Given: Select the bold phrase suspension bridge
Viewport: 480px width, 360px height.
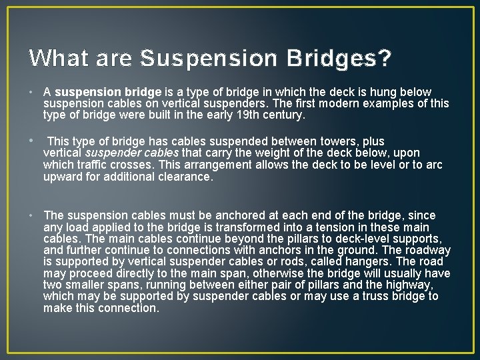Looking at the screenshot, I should tap(108, 92).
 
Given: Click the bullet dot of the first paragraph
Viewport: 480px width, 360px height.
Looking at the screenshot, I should tap(32, 92).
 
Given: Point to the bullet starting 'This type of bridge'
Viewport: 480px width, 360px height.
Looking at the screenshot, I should tap(32, 141).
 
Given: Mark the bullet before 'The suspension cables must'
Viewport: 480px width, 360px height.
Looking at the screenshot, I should tap(32, 215).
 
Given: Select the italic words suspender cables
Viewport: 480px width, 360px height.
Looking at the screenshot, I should tap(132, 153).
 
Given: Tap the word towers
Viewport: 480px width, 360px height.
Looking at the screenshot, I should tap(337, 141).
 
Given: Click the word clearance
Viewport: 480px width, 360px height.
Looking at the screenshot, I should tap(185, 177).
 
